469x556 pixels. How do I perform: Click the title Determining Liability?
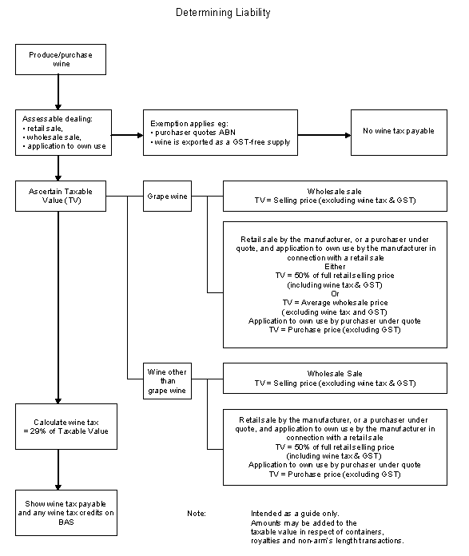(x=223, y=13)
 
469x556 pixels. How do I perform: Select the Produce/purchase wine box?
(x=61, y=60)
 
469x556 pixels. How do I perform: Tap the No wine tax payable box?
(x=399, y=133)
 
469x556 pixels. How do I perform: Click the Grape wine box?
(x=167, y=196)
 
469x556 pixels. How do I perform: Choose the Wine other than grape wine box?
(x=167, y=381)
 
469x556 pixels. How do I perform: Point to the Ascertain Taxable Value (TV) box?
(x=61, y=196)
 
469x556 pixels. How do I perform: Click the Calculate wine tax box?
(x=66, y=427)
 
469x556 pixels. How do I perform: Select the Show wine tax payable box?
(x=66, y=513)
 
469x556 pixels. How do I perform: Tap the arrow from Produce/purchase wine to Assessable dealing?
(x=58, y=92)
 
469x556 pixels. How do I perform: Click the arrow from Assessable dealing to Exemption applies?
(x=127, y=135)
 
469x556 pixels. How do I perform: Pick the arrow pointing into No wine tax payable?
(x=324, y=135)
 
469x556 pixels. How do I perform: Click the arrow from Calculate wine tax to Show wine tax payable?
(x=58, y=470)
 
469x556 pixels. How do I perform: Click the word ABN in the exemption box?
(x=228, y=133)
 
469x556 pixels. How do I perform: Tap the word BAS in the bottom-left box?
(x=66, y=522)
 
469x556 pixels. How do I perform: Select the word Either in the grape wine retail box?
(x=335, y=267)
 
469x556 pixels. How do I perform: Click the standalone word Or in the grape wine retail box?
(x=335, y=294)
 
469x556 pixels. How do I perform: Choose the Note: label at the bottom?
(x=197, y=514)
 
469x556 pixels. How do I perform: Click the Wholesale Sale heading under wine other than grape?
(x=335, y=374)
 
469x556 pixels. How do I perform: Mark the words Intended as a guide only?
(x=295, y=514)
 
